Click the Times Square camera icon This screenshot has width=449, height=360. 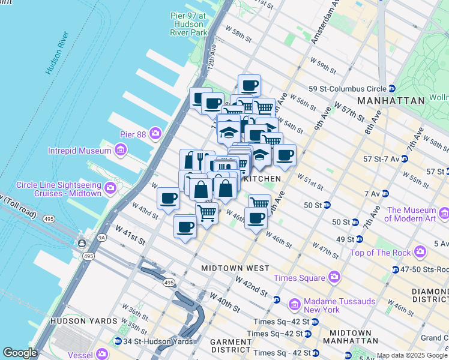[x=334, y=277]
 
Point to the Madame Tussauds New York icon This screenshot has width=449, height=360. [x=295, y=305]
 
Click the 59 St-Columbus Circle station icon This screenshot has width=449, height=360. [x=391, y=88]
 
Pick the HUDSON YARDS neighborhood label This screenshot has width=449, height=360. [x=84, y=321]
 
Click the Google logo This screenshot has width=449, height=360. [x=20, y=353]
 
